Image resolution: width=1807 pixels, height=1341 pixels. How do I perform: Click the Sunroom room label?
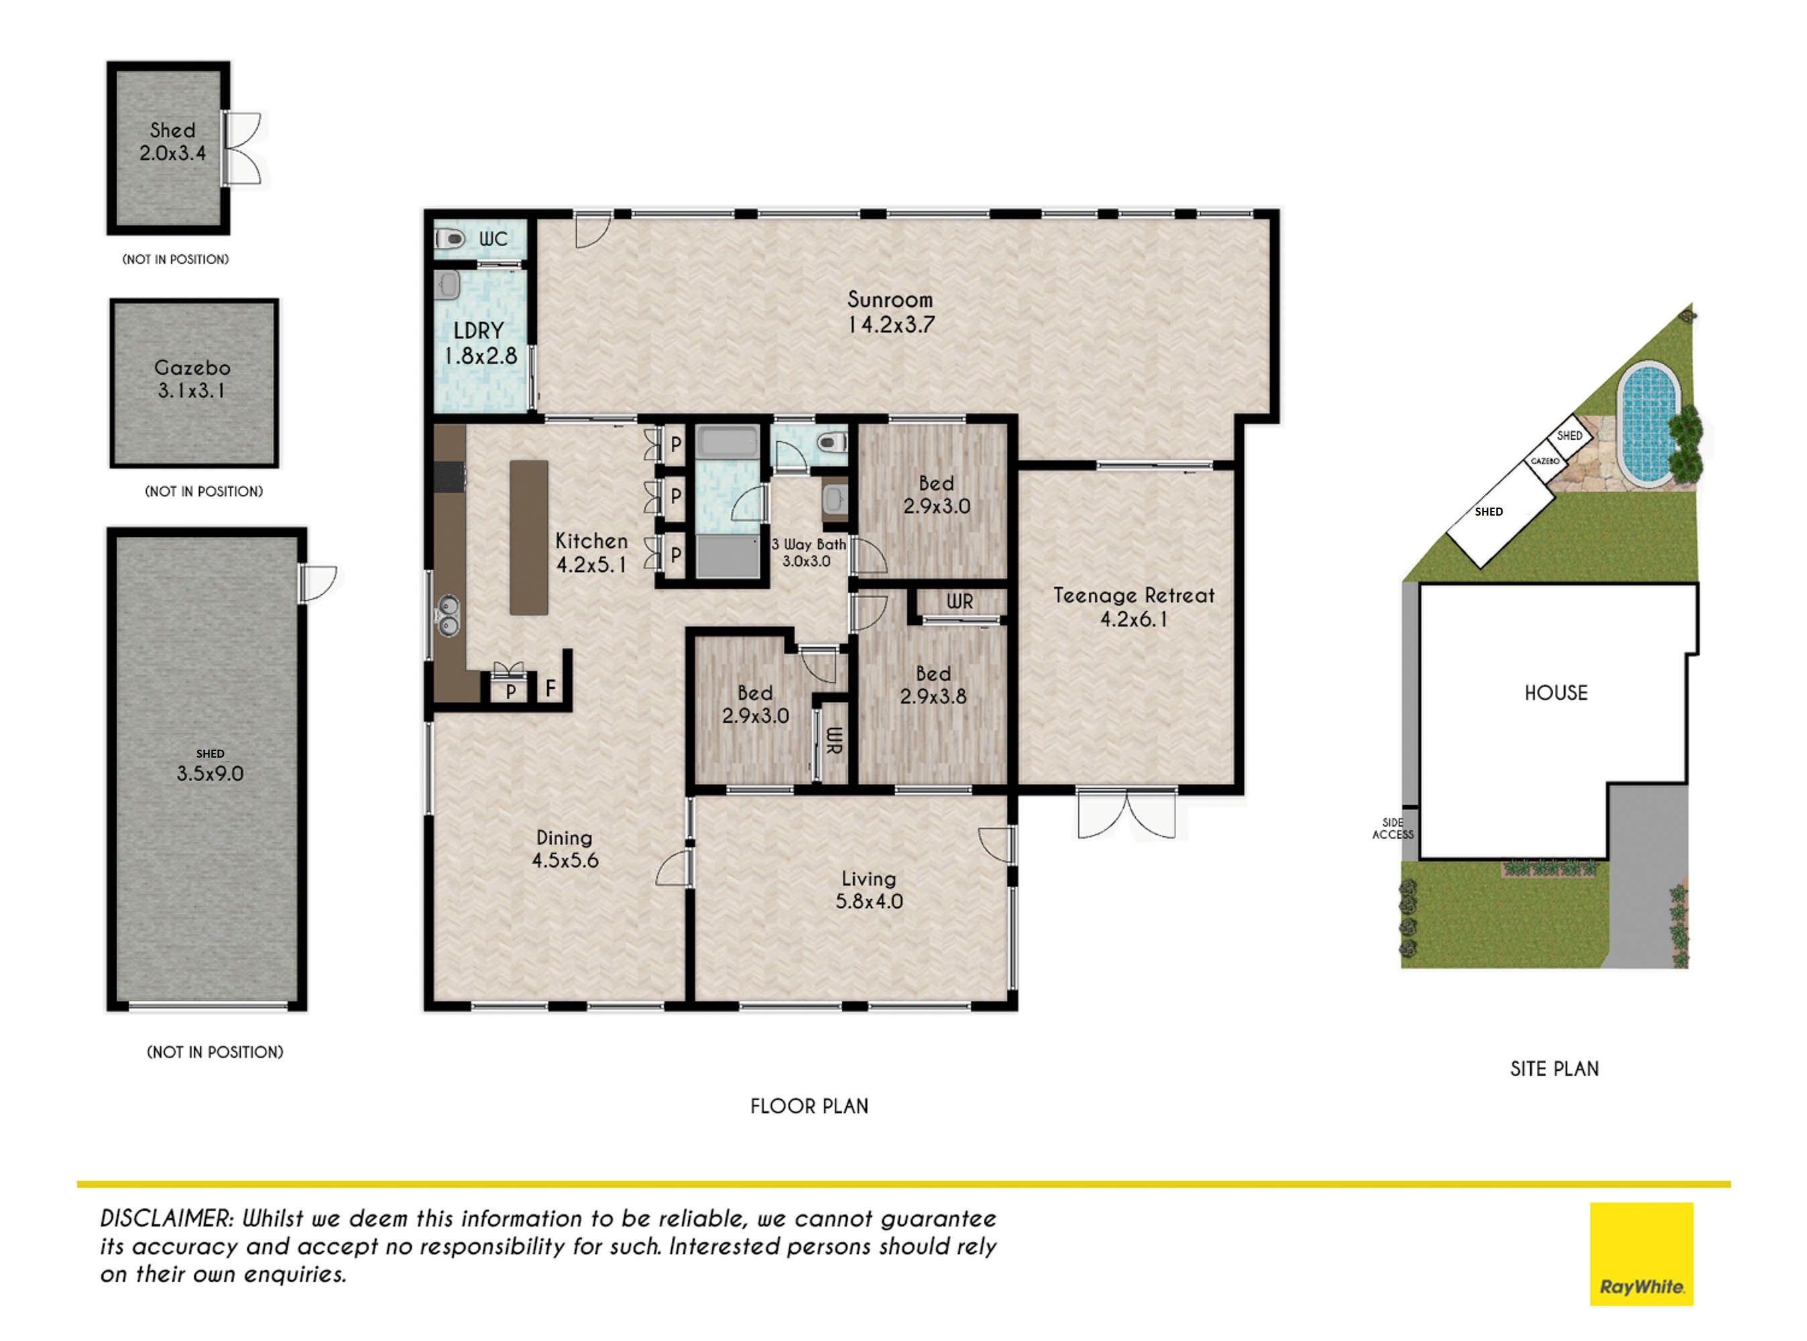(x=890, y=312)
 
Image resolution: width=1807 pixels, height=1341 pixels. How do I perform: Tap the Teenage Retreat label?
(x=1133, y=607)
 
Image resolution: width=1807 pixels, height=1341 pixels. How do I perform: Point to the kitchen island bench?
(x=528, y=536)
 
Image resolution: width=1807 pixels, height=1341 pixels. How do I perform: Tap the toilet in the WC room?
(x=449, y=239)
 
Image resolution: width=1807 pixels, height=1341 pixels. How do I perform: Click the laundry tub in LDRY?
(x=448, y=285)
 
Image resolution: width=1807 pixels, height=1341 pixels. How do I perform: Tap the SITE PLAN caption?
(x=1554, y=1069)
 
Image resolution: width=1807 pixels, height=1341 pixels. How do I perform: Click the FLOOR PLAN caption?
(x=809, y=1106)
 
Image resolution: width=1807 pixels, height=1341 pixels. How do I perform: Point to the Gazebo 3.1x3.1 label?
(x=192, y=379)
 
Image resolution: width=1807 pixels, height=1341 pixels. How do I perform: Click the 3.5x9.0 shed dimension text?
(x=211, y=774)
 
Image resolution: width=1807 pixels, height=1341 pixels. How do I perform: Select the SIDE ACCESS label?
(x=1393, y=829)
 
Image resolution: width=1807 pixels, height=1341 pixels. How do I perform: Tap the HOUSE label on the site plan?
(x=1556, y=693)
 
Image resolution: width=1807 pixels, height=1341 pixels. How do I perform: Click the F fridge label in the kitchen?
(x=550, y=689)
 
